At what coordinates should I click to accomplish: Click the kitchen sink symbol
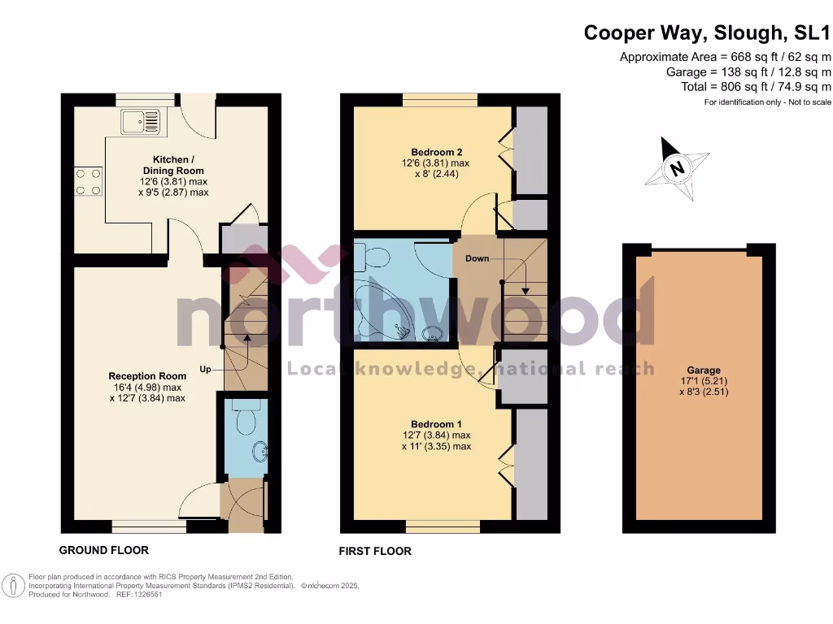(142, 123)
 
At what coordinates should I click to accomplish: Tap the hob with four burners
(88, 181)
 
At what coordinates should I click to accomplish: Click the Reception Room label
(147, 376)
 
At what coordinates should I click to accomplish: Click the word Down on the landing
(478, 258)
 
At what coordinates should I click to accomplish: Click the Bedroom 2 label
(436, 152)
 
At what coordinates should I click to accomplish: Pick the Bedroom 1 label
(436, 424)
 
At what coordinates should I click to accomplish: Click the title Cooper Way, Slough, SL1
(708, 33)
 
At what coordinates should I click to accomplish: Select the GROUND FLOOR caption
(104, 550)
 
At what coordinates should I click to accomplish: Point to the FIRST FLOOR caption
(375, 551)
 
